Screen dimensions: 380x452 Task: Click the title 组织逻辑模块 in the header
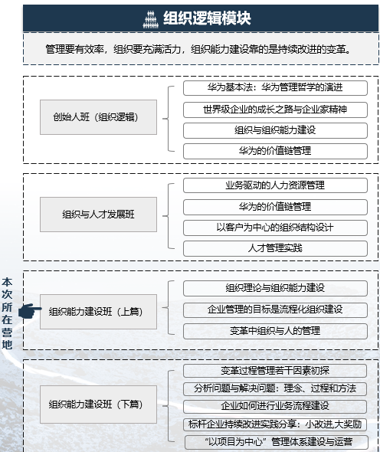[x=207, y=18]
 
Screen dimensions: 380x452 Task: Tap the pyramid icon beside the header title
[x=150, y=19]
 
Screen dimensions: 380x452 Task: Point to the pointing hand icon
[x=29, y=311]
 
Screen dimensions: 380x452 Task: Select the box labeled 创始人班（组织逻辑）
[x=98, y=117]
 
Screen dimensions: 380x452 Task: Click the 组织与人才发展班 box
[x=98, y=215]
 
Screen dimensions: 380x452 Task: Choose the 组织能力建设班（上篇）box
[x=98, y=312]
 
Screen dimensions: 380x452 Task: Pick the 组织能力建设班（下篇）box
[x=98, y=405]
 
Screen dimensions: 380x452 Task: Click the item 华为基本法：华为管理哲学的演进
[x=275, y=87]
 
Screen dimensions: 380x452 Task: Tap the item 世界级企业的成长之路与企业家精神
[x=275, y=110]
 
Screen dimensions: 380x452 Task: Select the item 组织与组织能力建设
[x=275, y=130]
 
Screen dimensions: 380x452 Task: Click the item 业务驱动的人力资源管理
[x=275, y=185]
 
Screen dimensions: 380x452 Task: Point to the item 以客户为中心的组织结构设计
[x=275, y=228]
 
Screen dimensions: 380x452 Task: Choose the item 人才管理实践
[x=275, y=248]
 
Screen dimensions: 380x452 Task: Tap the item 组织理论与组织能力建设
[x=275, y=288]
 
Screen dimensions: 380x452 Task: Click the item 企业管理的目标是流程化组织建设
[x=275, y=310]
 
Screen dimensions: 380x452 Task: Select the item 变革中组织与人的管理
[x=275, y=331]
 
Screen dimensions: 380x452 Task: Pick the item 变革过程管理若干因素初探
[x=275, y=371]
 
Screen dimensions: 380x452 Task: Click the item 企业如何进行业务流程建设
[x=275, y=406]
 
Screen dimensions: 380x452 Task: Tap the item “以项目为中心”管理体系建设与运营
[x=277, y=442]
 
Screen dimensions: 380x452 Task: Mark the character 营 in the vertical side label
[x=7, y=332]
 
